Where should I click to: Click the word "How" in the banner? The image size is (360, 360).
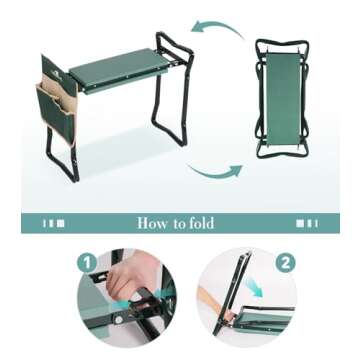click(153, 223)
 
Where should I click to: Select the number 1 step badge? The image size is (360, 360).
click(87, 262)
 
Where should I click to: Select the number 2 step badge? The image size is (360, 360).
click(285, 263)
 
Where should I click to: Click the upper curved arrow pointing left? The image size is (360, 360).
click(217, 27)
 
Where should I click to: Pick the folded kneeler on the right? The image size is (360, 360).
click(282, 98)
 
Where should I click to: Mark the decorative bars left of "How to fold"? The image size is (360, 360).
click(54, 223)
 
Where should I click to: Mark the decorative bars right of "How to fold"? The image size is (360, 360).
click(305, 223)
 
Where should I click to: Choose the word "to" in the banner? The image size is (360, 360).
click(181, 223)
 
